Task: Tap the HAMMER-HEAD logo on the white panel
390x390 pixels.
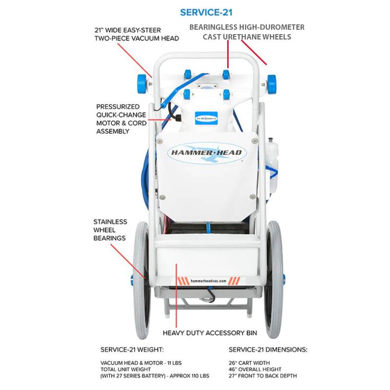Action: [x=207, y=153]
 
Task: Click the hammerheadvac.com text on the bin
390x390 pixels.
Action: [x=208, y=281]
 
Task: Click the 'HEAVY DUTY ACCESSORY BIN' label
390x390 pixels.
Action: [x=210, y=333]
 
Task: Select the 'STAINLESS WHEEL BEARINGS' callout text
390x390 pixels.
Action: [x=110, y=230]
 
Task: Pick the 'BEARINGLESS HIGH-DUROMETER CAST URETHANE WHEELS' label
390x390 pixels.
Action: [x=247, y=32]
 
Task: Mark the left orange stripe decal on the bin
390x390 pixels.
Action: [x=183, y=281]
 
